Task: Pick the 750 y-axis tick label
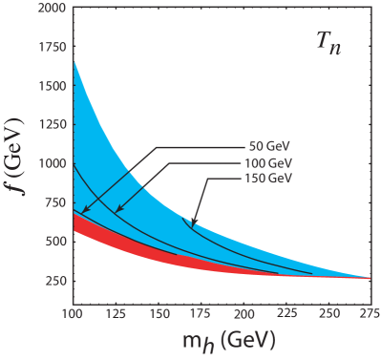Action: tap(56, 202)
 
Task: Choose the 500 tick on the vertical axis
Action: tap(56, 242)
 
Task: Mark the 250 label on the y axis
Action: tap(56, 281)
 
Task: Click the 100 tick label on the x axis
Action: tap(73, 313)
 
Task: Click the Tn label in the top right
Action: tap(330, 40)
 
